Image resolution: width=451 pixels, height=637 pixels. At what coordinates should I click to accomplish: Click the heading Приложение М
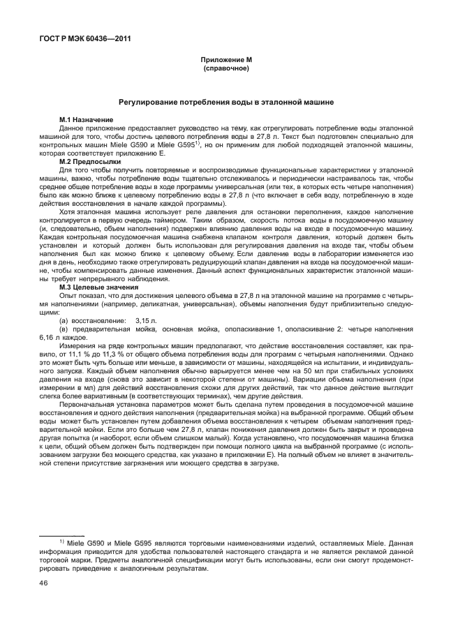click(x=225, y=61)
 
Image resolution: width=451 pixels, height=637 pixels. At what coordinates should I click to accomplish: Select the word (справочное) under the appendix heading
click(x=225, y=70)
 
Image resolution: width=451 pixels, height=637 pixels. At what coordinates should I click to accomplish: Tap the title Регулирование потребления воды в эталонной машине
click(x=225, y=102)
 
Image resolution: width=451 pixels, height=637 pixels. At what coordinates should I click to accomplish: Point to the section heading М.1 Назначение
click(x=87, y=121)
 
